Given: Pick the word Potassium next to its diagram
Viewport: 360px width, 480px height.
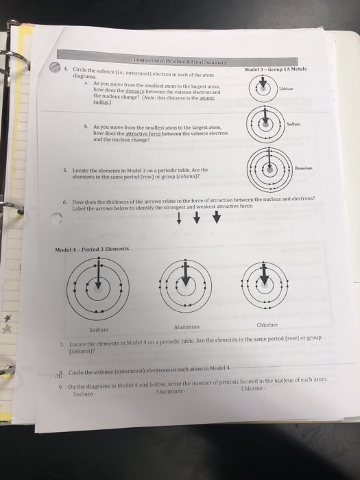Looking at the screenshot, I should point(304,167).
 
